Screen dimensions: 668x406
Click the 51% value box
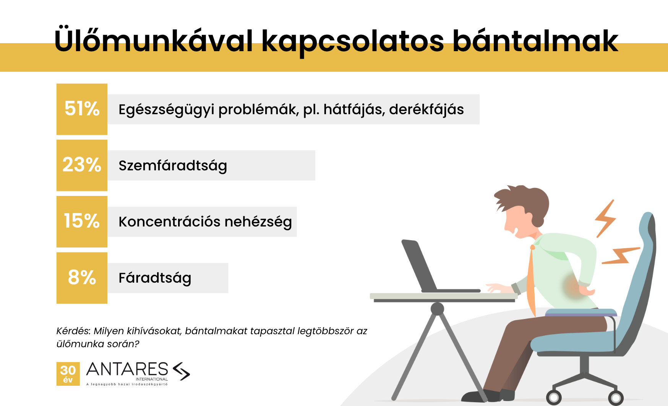(82, 109)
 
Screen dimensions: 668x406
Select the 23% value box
(82, 165)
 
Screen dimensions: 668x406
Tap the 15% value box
(82, 222)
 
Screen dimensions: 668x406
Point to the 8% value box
(82, 278)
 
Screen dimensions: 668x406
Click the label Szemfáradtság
(173, 166)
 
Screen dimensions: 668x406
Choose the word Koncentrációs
(169, 222)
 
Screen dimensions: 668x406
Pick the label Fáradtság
(155, 278)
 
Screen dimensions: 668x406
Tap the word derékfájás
(426, 110)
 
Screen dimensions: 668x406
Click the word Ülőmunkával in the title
(154, 40)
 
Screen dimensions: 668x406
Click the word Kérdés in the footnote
(73, 331)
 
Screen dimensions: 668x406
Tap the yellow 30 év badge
(68, 374)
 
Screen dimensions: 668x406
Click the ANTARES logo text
(127, 370)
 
